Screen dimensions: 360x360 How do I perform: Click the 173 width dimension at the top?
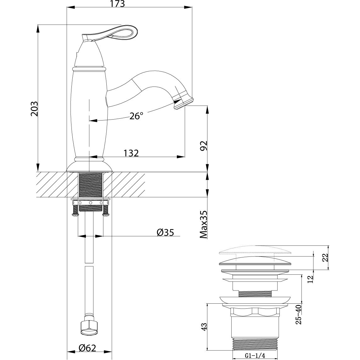click(x=117, y=4)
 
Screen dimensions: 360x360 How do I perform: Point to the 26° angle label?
click(x=136, y=116)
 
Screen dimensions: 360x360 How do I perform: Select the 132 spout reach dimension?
click(x=131, y=153)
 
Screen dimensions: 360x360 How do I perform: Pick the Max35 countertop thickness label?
click(x=204, y=224)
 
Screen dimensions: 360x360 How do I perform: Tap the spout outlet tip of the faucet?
click(x=184, y=102)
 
